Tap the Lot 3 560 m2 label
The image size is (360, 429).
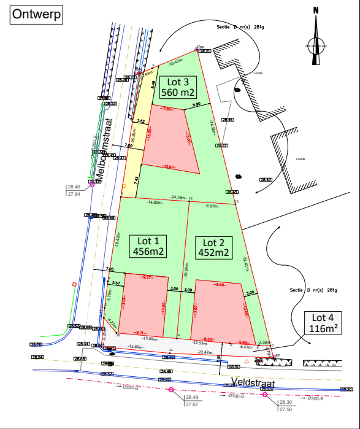coord(178,87)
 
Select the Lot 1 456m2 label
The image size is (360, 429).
coord(148,245)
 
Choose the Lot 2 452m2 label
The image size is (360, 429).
coord(214,246)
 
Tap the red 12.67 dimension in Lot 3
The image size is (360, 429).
coord(169,166)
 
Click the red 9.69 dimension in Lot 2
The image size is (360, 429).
coord(219,285)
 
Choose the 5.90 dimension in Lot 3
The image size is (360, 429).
coord(197,105)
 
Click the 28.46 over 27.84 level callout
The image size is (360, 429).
coord(74,190)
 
